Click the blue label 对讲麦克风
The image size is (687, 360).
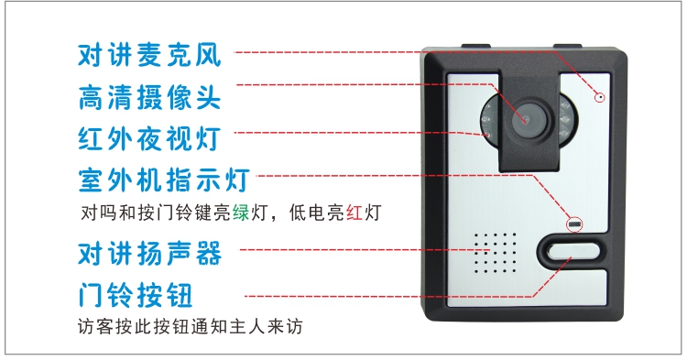[149, 55]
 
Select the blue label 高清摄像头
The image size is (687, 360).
[149, 97]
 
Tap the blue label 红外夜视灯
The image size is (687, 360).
[149, 139]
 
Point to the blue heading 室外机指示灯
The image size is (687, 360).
[164, 180]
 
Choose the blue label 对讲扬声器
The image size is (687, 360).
[149, 253]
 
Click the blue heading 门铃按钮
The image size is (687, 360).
[136, 295]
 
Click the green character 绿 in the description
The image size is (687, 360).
[241, 213]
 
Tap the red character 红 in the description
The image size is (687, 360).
[354, 213]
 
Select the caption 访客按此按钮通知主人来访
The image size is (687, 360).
[191, 326]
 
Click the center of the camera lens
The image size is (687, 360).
[527, 120]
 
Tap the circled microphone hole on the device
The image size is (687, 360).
[600, 97]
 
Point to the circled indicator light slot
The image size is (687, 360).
[575, 225]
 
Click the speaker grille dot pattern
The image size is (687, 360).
[495, 253]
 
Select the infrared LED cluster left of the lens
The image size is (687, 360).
[487, 119]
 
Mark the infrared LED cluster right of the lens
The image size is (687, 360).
[566, 119]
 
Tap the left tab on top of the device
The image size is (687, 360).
[475, 46]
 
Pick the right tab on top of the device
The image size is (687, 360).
[567, 46]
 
